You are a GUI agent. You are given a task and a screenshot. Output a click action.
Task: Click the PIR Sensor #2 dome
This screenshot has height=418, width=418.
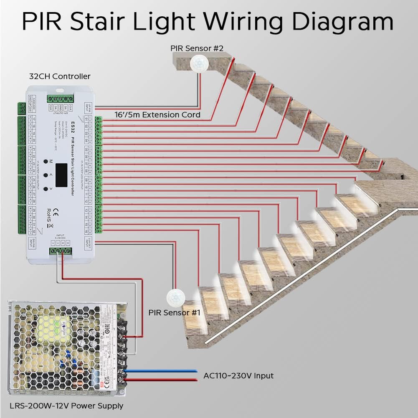[200, 63]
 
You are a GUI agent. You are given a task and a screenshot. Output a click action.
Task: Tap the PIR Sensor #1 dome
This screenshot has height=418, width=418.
[175, 298]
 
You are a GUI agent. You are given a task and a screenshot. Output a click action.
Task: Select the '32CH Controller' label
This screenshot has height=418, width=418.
[60, 76]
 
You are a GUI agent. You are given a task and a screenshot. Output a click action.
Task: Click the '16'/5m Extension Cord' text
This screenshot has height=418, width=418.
[157, 114]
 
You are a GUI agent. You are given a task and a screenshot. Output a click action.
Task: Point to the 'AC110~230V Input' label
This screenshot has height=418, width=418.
[238, 375]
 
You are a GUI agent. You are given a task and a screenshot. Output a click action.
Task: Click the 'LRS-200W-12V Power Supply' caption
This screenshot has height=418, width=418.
[66, 405]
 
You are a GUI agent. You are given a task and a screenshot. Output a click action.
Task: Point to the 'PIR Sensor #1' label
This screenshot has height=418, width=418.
[175, 312]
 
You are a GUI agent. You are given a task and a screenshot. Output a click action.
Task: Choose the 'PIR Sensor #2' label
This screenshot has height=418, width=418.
[197, 48]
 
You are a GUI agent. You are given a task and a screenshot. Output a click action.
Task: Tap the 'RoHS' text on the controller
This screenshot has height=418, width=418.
[49, 212]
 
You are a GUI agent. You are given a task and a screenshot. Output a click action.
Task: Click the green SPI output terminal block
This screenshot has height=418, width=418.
[58, 99]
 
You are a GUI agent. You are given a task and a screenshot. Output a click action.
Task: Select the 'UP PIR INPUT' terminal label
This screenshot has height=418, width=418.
[88, 107]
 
